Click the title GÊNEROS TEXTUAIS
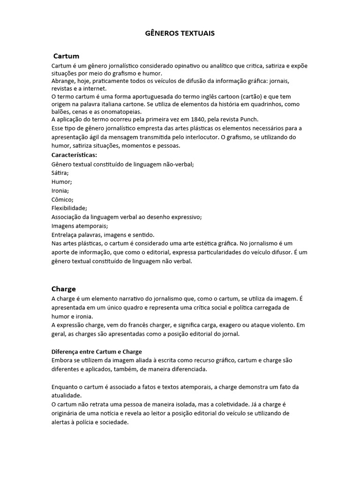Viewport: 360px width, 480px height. [x=180, y=34]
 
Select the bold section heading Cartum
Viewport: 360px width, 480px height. [x=66, y=56]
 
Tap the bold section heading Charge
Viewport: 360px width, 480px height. [x=63, y=289]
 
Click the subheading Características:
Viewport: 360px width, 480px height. [x=74, y=155]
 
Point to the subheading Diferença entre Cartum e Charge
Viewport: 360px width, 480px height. [x=96, y=352]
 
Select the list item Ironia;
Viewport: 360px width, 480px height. [x=60, y=191]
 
